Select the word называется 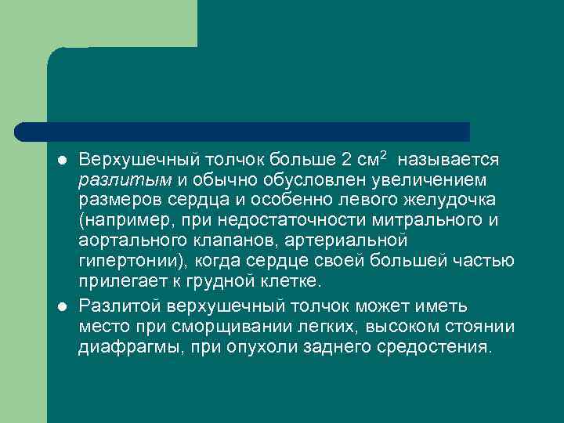click(448, 160)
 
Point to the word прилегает click(114, 281)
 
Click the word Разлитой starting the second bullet click(114, 305)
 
